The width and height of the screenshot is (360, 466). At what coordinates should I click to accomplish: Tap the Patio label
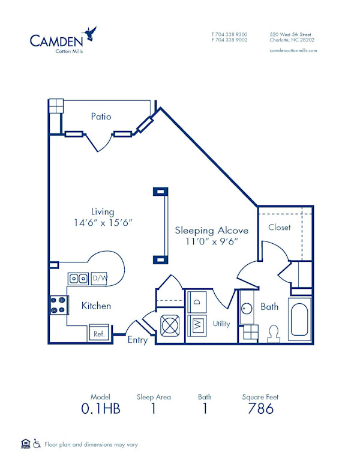101,116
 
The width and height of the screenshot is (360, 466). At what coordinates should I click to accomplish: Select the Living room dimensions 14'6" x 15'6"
103,222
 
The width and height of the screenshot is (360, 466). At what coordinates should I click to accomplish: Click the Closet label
280,228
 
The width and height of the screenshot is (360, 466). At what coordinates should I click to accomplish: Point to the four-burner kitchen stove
58,306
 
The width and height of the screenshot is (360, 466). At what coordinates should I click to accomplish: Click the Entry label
137,340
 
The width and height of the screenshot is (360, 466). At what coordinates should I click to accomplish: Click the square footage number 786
260,409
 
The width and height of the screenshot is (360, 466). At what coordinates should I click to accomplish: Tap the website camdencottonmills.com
293,50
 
